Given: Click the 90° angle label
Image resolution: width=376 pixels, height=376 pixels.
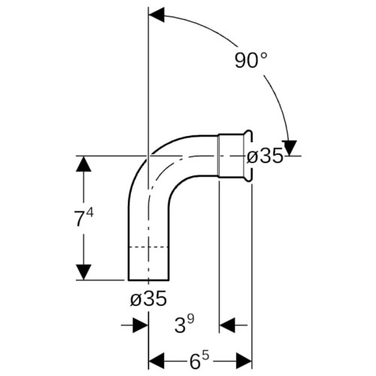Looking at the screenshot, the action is pos(251,60).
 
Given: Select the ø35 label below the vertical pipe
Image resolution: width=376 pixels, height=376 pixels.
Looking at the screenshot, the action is pos(148,299).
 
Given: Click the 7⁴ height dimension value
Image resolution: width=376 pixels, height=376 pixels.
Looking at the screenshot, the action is pos(84,217).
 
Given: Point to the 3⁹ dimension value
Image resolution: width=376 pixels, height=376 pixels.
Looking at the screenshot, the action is pos(184,324).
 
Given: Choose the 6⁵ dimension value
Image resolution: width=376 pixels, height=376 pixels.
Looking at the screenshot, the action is pos(199,361).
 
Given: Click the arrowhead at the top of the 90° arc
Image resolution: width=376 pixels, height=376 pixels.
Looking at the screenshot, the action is pos(156,15).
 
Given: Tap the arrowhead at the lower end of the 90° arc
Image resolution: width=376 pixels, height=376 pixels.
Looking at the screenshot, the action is pos(290,148).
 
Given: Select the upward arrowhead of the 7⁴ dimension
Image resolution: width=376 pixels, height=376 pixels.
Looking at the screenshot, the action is pos(83,163).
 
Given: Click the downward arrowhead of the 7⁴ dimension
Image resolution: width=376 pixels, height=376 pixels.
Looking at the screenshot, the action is pos(83,272).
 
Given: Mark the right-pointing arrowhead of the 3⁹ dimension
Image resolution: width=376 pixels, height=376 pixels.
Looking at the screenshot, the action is pos(141,325).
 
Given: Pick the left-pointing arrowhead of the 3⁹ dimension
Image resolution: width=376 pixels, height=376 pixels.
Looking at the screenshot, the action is pos(227,325).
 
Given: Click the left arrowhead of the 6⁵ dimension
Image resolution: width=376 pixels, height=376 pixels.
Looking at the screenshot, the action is pos(156,361).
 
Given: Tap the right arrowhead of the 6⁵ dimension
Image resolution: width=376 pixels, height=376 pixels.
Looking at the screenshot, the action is pos(244,361).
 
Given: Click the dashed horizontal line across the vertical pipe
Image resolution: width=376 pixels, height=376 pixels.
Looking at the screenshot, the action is pos(148,247).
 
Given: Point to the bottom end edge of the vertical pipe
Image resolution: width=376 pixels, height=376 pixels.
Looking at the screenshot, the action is pos(148,280).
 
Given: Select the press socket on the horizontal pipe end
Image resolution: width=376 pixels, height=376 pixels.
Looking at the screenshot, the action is pos(235,156).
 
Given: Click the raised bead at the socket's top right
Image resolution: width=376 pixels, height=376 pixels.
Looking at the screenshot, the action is pos(247,133).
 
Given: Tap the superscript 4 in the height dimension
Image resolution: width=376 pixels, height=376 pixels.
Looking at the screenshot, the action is pos(90,214).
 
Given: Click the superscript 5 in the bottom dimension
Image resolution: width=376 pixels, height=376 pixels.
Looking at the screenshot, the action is pos(205,356).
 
